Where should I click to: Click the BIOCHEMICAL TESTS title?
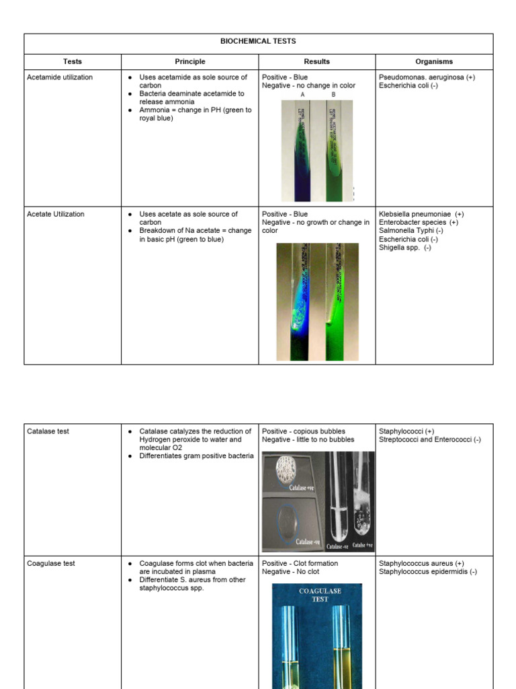258,42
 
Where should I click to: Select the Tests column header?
73,62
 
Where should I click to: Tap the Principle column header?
189,62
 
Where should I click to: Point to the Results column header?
316,62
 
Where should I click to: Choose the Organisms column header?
433,62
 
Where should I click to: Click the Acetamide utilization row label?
60,77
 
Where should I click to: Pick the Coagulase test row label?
50,564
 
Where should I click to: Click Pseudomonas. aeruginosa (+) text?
427,77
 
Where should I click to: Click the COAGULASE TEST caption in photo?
320,595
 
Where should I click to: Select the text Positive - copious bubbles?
304,431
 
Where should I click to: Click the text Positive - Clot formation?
300,564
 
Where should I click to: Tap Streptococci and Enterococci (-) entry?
429,439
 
